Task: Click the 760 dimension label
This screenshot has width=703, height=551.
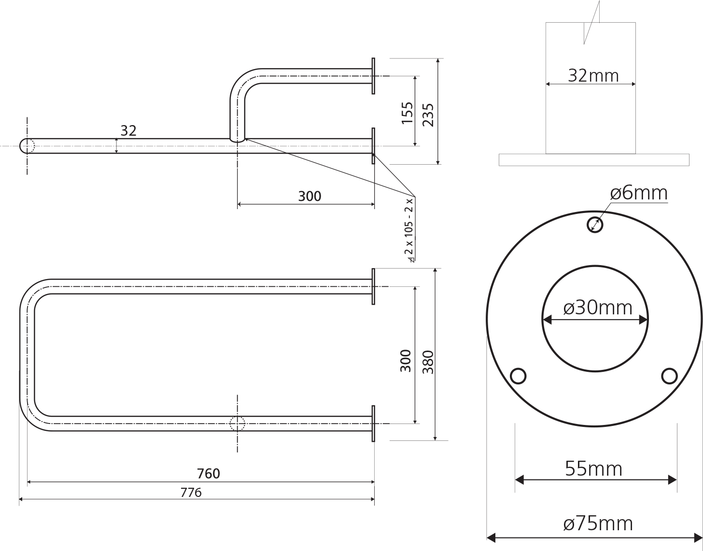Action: [x=209, y=474]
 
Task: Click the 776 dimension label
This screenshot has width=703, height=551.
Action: [x=191, y=493]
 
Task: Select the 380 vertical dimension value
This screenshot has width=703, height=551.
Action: [x=428, y=362]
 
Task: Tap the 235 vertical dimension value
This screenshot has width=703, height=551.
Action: [x=428, y=115]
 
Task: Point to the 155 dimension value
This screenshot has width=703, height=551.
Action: [x=408, y=113]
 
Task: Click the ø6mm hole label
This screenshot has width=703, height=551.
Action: [x=639, y=193]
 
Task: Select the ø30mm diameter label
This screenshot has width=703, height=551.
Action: [x=598, y=308]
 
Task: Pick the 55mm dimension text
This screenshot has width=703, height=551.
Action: [x=594, y=469]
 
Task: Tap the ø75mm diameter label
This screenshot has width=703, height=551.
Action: [x=598, y=523]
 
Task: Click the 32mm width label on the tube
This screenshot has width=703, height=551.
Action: [x=593, y=76]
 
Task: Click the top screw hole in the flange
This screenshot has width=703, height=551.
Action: [x=595, y=225]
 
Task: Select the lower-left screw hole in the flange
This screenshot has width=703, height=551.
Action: [x=518, y=376]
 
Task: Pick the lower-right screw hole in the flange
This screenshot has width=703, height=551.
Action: [x=669, y=376]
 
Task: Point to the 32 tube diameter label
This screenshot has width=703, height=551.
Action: [x=128, y=131]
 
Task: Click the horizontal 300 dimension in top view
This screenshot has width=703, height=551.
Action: [x=309, y=196]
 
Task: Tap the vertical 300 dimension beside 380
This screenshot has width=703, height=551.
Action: [x=406, y=361]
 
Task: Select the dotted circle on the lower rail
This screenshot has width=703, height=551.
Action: [x=237, y=424]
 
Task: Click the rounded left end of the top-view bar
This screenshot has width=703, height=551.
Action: [x=21, y=146]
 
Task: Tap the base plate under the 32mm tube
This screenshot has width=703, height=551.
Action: [x=594, y=160]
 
